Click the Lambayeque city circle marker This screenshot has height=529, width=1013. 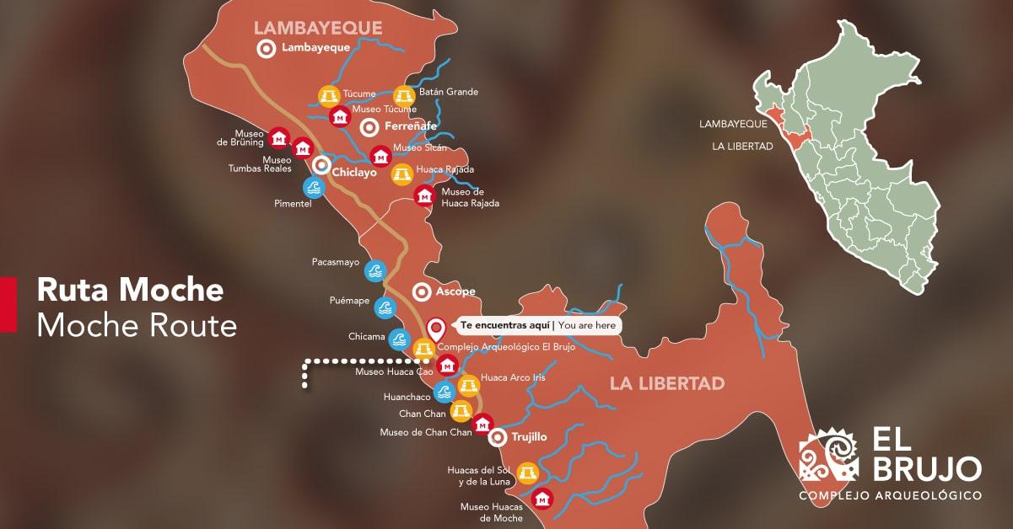[x=267, y=48]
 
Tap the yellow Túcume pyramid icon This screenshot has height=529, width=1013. [x=327, y=95]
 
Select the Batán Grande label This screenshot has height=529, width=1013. [x=448, y=92]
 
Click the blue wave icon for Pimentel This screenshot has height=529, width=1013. [x=314, y=186]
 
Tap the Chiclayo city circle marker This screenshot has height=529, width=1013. [x=321, y=166]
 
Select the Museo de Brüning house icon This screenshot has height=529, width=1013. [x=279, y=137]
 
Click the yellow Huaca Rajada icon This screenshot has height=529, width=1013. [x=402, y=174]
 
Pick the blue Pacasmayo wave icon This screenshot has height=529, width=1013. [x=375, y=270]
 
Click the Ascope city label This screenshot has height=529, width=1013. [x=455, y=291]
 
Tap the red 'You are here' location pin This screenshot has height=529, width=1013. [x=436, y=329]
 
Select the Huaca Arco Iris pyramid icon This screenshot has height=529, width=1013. [x=468, y=386]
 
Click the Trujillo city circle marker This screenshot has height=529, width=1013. [x=498, y=436]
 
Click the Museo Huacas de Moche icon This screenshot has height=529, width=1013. [x=542, y=499]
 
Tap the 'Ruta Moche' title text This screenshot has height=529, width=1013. [x=130, y=291]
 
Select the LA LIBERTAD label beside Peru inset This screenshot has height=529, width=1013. [x=742, y=147]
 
